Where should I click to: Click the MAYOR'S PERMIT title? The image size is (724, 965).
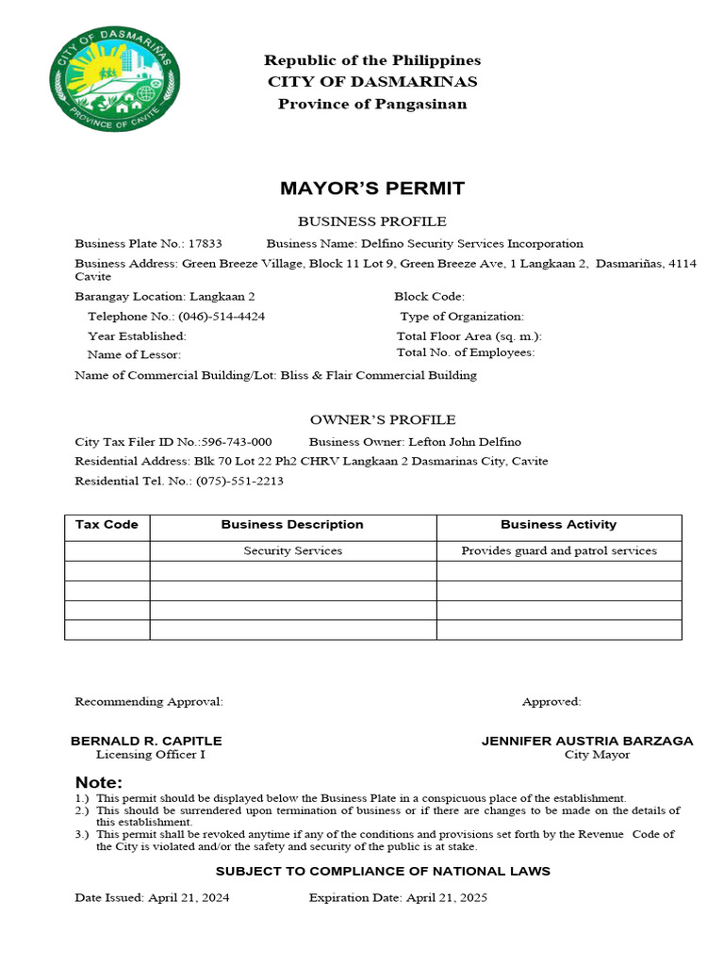point(372,188)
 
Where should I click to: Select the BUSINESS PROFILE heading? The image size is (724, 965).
point(372,221)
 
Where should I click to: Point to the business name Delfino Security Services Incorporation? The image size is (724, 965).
point(472,243)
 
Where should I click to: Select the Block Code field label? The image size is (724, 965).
point(429,296)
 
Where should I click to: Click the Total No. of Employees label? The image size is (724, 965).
point(466,352)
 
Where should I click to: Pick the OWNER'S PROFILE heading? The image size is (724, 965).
point(383,419)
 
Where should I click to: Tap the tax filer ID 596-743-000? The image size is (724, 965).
point(237,442)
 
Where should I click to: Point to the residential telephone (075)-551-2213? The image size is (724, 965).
point(239,481)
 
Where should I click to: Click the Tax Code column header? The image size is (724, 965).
point(107,525)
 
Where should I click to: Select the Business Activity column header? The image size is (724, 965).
point(558,525)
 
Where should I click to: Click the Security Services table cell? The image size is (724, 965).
point(292,550)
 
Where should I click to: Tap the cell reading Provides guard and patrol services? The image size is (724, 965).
point(558,550)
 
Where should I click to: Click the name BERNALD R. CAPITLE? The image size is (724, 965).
point(146,741)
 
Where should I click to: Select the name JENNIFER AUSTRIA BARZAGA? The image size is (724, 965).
point(587,741)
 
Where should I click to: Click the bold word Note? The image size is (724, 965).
point(99,783)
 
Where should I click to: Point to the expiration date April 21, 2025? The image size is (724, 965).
point(446,898)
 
